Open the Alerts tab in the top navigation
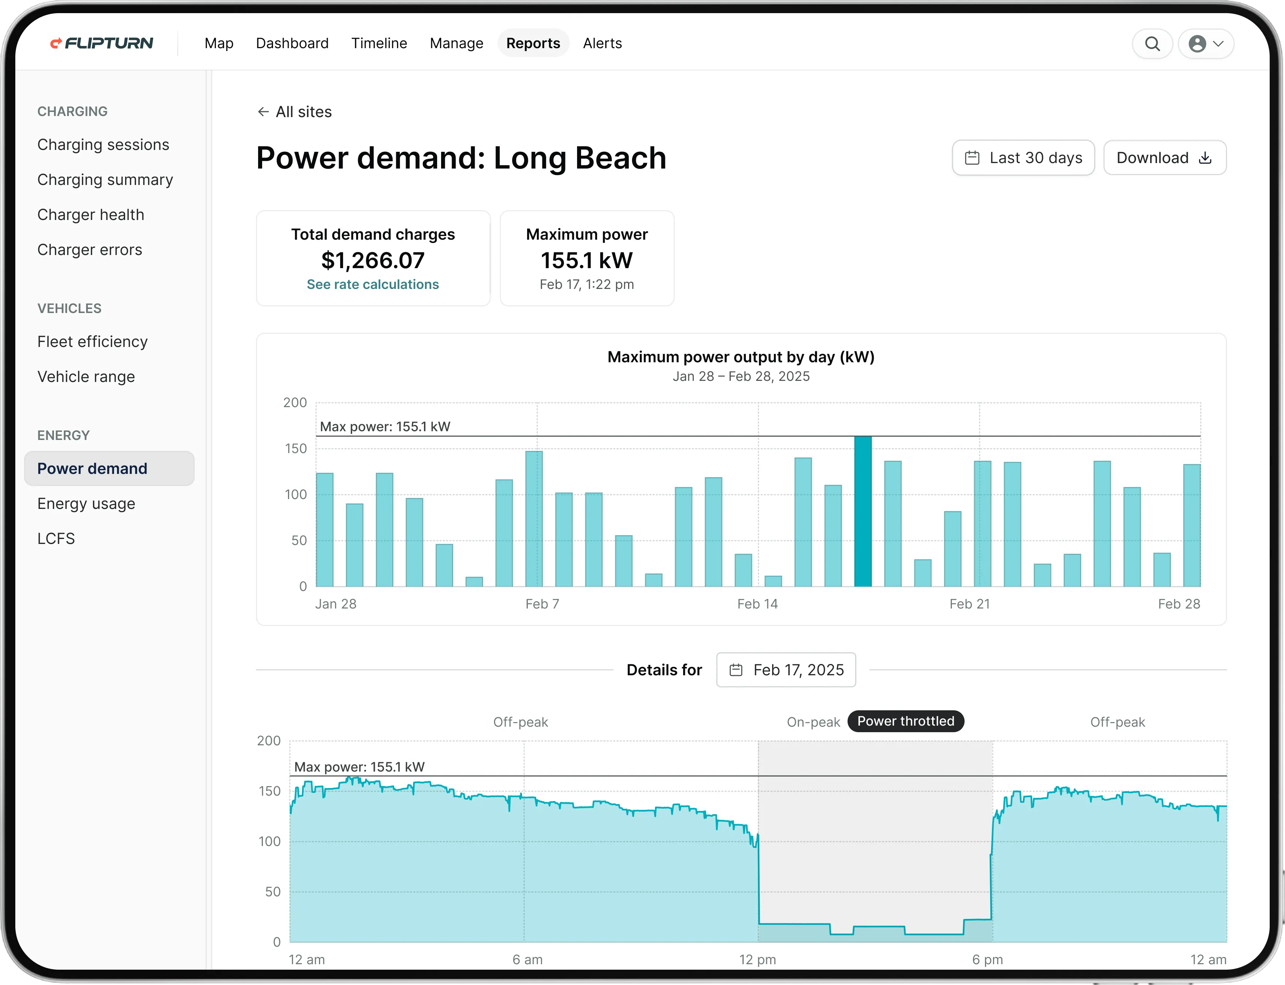(x=602, y=43)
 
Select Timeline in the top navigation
(x=378, y=43)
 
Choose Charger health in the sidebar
(x=91, y=215)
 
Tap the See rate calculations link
(x=373, y=284)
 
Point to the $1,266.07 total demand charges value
(x=373, y=260)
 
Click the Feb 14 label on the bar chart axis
(x=757, y=604)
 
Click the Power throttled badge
(x=905, y=721)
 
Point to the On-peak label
(x=813, y=722)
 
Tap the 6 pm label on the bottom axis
(x=987, y=960)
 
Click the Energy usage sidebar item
(x=86, y=504)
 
